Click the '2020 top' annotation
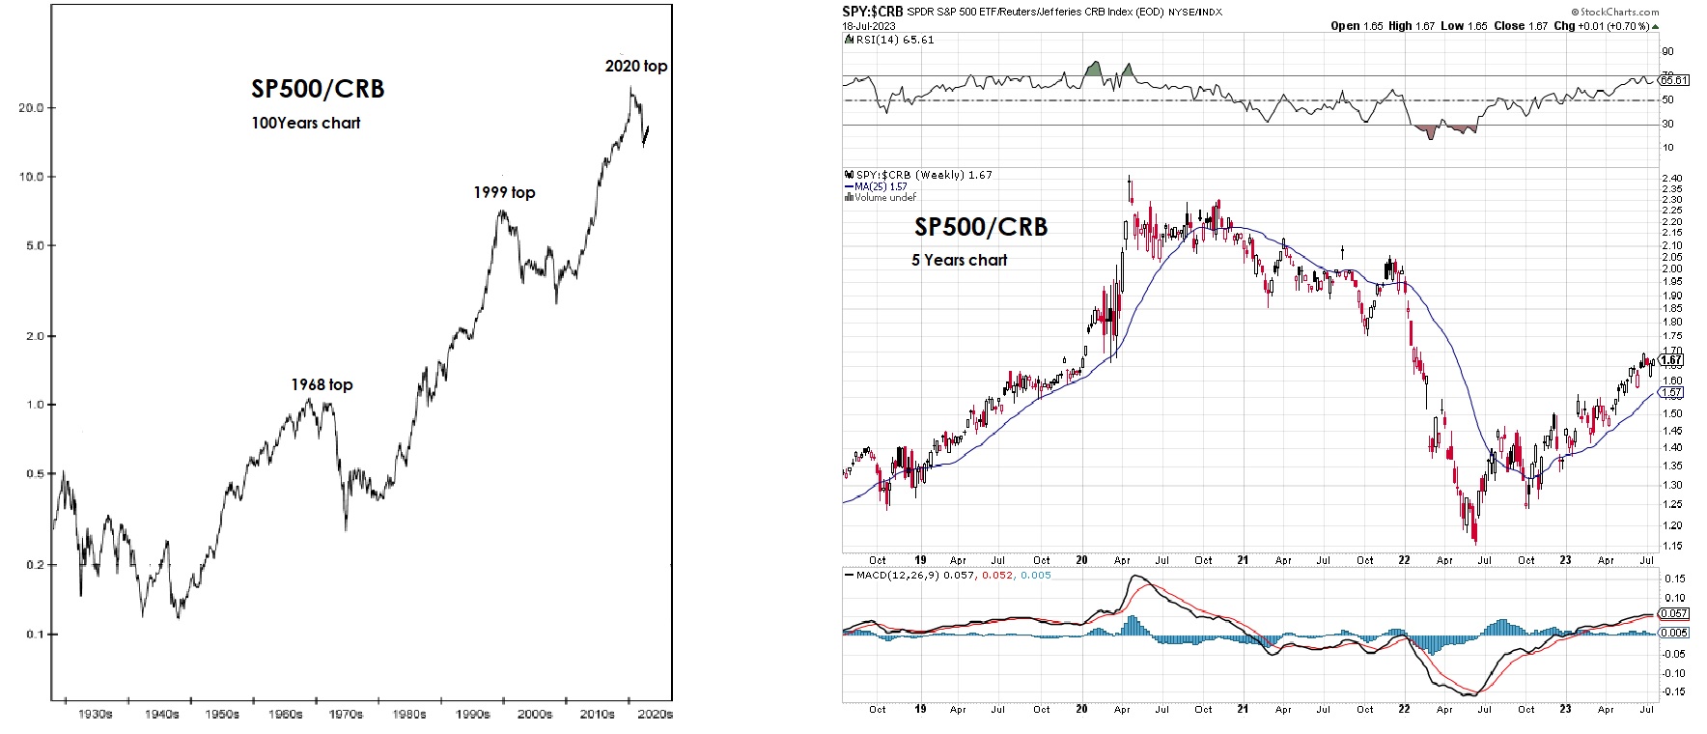(635, 66)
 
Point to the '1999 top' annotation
(504, 192)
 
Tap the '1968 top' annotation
(322, 384)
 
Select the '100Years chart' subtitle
(306, 123)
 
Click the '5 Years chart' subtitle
(959, 260)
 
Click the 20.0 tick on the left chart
(32, 108)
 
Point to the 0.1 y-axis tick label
(35, 635)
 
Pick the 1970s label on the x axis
(346, 715)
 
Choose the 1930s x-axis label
(95, 715)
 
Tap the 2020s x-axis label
(656, 715)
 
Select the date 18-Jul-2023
(869, 26)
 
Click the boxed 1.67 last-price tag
(1671, 360)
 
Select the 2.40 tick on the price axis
(1671, 179)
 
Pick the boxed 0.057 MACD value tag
(1673, 614)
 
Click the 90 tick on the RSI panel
(1667, 52)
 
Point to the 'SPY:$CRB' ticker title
(873, 13)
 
